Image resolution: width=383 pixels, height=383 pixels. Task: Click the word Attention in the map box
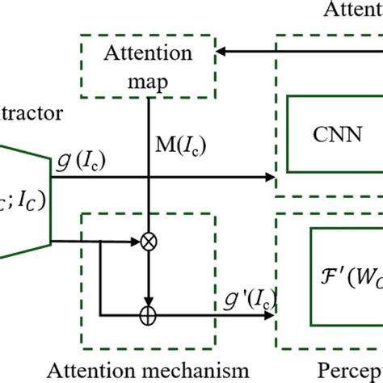(148, 55)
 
